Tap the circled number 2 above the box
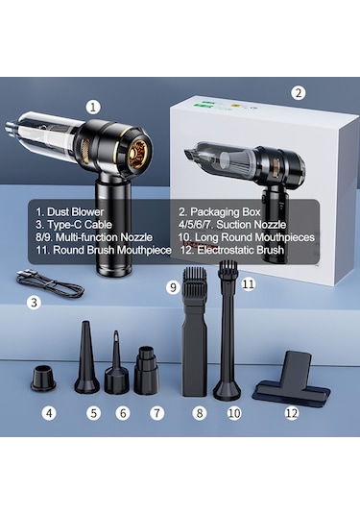coord(299,93)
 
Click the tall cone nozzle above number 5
coord(86,361)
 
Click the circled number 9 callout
coord(174,286)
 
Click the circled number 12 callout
coord(292,414)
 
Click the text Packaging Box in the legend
coord(230,208)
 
